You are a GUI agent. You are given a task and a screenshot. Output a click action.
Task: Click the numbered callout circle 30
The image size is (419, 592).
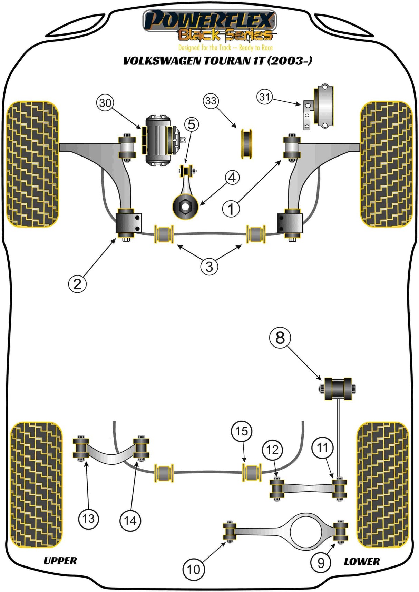(105, 103)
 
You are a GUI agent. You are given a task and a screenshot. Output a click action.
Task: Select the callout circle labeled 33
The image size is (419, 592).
(211, 101)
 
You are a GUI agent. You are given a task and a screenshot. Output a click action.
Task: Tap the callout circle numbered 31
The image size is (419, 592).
(264, 97)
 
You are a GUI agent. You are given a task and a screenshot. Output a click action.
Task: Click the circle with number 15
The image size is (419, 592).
(241, 431)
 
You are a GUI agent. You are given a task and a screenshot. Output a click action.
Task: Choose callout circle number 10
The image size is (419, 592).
(193, 569)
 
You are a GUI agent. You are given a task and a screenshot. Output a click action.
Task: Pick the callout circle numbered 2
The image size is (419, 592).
(77, 284)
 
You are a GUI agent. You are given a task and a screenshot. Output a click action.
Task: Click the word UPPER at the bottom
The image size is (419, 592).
(60, 561)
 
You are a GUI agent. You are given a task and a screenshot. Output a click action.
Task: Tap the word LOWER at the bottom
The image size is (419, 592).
(362, 562)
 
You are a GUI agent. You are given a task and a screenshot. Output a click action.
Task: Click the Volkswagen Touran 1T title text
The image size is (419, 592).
(217, 61)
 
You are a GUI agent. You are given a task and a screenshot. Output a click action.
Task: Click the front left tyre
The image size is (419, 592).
(33, 164)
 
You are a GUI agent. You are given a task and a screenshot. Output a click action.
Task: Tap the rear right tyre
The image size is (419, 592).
(382, 485)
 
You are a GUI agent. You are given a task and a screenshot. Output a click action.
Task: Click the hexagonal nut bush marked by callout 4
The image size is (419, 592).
(185, 207)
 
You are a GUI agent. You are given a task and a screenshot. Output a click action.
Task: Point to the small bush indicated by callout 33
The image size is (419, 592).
(246, 144)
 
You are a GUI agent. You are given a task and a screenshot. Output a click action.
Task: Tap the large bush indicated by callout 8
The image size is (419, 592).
(338, 389)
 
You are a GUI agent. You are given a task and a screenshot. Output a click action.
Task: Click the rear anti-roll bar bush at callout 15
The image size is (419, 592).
(252, 473)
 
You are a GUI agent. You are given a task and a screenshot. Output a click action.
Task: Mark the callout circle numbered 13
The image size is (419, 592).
(88, 519)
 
